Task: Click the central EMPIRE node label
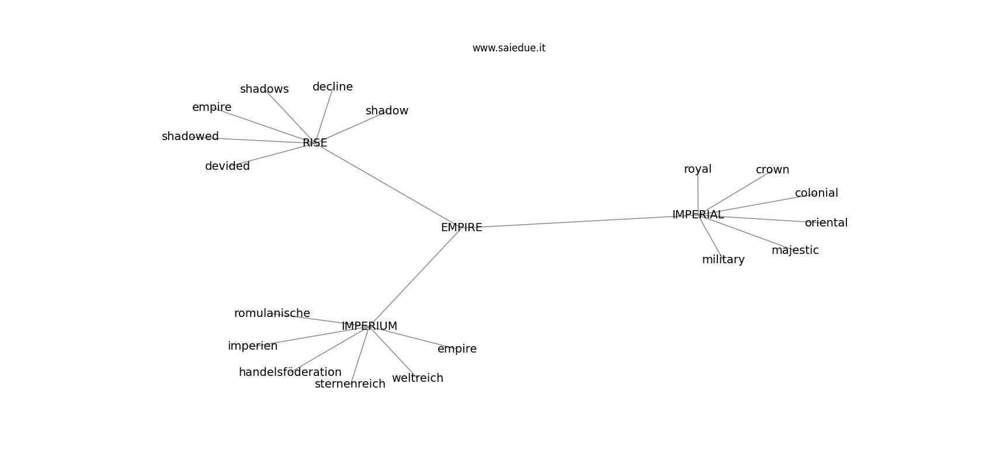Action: pyautogui.click(x=461, y=227)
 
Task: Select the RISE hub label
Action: pyautogui.click(x=315, y=142)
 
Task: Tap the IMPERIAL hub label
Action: pyautogui.click(x=698, y=214)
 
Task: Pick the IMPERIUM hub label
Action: pyautogui.click(x=369, y=326)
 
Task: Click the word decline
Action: pyautogui.click(x=332, y=87)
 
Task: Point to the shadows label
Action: pyautogui.click(x=264, y=89)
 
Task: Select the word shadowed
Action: pyautogui.click(x=190, y=137)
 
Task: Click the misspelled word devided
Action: pyautogui.click(x=227, y=166)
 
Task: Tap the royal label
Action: pyautogui.click(x=698, y=169)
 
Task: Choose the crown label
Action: pyautogui.click(x=772, y=170)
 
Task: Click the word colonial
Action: pyautogui.click(x=817, y=193)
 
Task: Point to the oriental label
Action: pyautogui.click(x=827, y=223)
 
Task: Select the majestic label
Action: pyautogui.click(x=795, y=250)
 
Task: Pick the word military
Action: pyautogui.click(x=724, y=260)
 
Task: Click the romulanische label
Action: pyautogui.click(x=272, y=313)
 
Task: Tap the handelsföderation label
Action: pyautogui.click(x=290, y=372)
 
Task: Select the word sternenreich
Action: pyautogui.click(x=350, y=384)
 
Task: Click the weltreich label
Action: pyautogui.click(x=418, y=378)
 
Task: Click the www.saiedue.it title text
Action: pyautogui.click(x=509, y=48)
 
